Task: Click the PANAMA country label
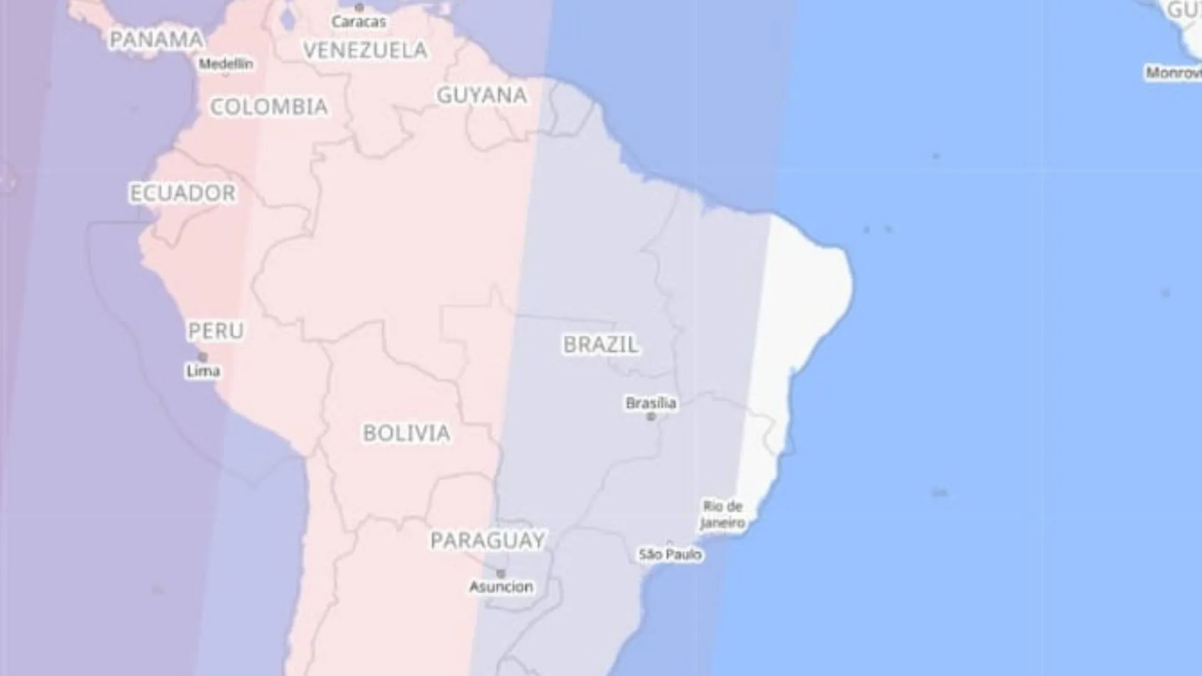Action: [x=156, y=39]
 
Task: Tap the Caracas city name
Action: [x=359, y=22]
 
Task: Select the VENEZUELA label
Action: [x=365, y=50]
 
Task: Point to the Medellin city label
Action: [x=226, y=64]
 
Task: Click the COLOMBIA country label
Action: [x=269, y=107]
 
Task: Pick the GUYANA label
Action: [x=481, y=95]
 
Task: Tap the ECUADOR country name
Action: [x=183, y=193]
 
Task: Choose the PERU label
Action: [x=216, y=330]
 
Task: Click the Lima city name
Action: [x=203, y=371]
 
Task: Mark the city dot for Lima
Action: [x=202, y=357]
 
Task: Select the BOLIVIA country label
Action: [x=406, y=433]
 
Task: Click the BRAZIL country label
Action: [x=600, y=344]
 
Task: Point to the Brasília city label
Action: [x=651, y=403]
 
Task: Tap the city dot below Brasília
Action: [x=651, y=417]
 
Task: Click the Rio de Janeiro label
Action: [x=723, y=515]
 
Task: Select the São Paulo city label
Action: [x=670, y=555]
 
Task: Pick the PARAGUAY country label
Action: [x=488, y=540]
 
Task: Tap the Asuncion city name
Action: [x=501, y=586]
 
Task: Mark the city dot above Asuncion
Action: [x=501, y=573]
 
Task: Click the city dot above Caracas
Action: [x=359, y=8]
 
